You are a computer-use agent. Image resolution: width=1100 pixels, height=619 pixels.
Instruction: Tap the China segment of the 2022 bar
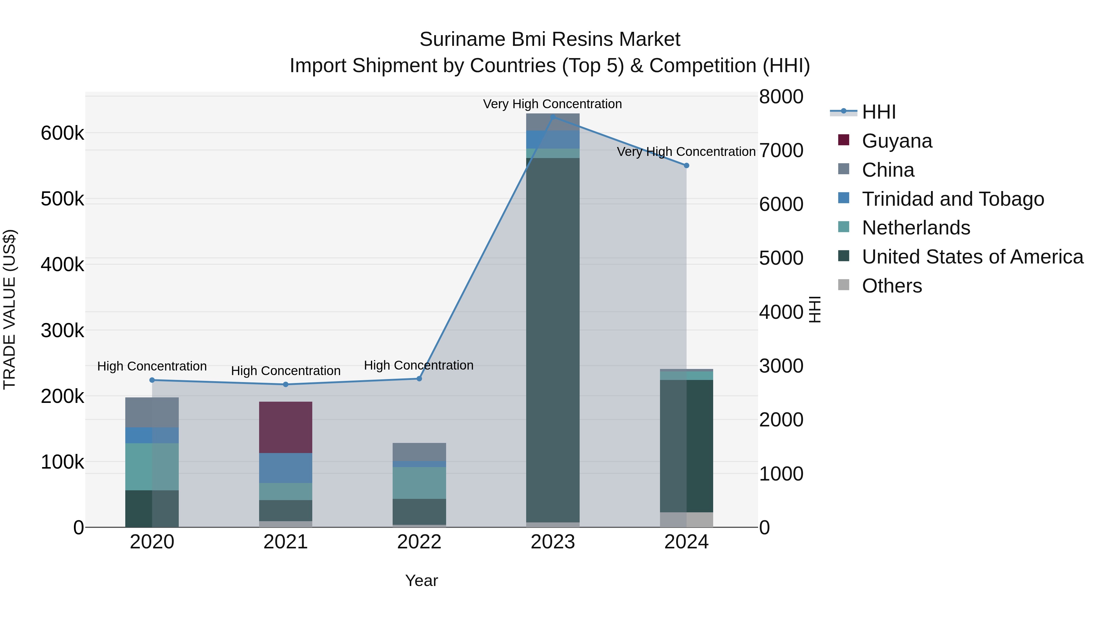[419, 451]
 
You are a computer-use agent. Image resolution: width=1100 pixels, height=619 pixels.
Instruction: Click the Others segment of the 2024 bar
[686, 519]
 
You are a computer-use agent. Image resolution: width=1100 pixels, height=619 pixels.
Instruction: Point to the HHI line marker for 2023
[553, 117]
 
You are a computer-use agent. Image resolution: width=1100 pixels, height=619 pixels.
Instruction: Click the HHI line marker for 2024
[686, 165]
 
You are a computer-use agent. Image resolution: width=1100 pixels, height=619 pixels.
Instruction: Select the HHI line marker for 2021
[286, 385]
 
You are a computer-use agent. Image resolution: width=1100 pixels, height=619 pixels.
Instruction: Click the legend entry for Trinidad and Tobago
[952, 199]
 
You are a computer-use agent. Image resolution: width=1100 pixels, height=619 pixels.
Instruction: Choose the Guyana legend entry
[897, 141]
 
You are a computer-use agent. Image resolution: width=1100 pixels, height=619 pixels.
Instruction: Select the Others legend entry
[892, 286]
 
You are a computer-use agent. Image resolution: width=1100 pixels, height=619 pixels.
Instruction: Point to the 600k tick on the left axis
[62, 133]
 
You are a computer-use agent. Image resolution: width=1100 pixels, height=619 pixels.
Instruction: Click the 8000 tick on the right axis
[781, 97]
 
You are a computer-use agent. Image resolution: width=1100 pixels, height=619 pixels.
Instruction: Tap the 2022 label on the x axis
[419, 542]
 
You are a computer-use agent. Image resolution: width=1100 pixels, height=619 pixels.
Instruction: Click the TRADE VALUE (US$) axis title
[10, 309]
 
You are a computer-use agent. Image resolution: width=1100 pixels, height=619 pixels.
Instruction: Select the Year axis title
[421, 580]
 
